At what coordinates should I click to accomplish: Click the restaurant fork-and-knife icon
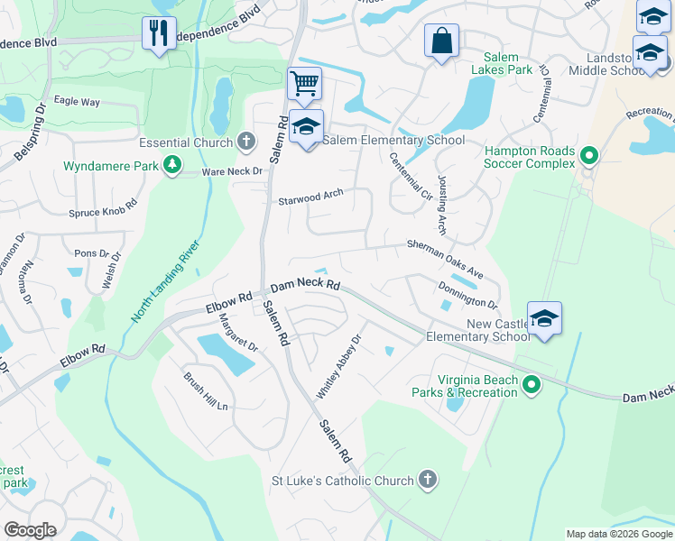[159, 33]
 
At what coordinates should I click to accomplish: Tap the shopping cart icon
[305, 84]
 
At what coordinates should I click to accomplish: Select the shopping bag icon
[441, 41]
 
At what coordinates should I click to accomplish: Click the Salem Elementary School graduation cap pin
[307, 126]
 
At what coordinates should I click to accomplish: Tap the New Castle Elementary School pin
[545, 318]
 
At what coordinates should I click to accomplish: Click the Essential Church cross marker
[245, 142]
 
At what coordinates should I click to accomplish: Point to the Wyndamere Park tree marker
[170, 166]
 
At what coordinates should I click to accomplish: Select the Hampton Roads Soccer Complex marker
[589, 157]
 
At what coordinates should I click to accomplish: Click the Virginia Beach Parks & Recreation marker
[532, 386]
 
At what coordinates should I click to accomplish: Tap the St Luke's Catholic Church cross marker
[428, 481]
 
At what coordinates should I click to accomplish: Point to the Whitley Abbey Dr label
[338, 367]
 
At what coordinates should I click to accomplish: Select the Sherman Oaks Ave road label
[445, 259]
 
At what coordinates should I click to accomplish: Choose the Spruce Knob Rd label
[102, 213]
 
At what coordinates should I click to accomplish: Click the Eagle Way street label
[77, 102]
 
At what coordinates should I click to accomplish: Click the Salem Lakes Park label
[507, 63]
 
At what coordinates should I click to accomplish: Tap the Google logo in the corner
[30, 529]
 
